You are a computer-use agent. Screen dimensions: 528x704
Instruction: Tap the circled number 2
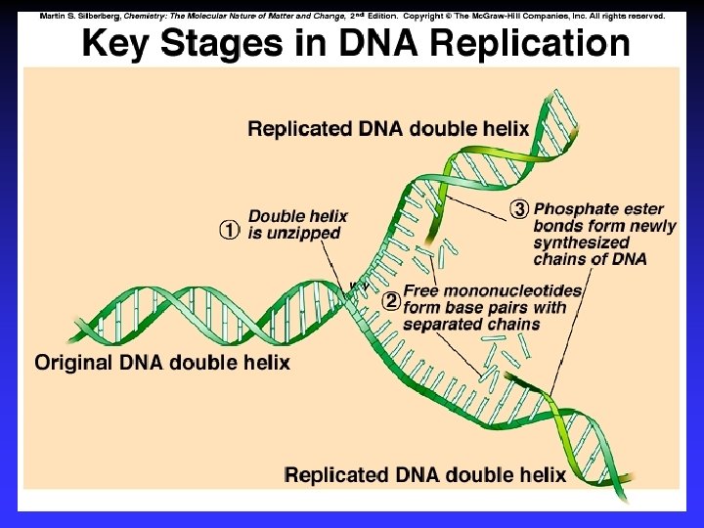390,300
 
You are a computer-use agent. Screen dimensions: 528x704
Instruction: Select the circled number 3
520,209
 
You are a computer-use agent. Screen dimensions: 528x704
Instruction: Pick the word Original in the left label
71,364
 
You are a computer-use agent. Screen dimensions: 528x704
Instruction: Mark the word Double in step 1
277,216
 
